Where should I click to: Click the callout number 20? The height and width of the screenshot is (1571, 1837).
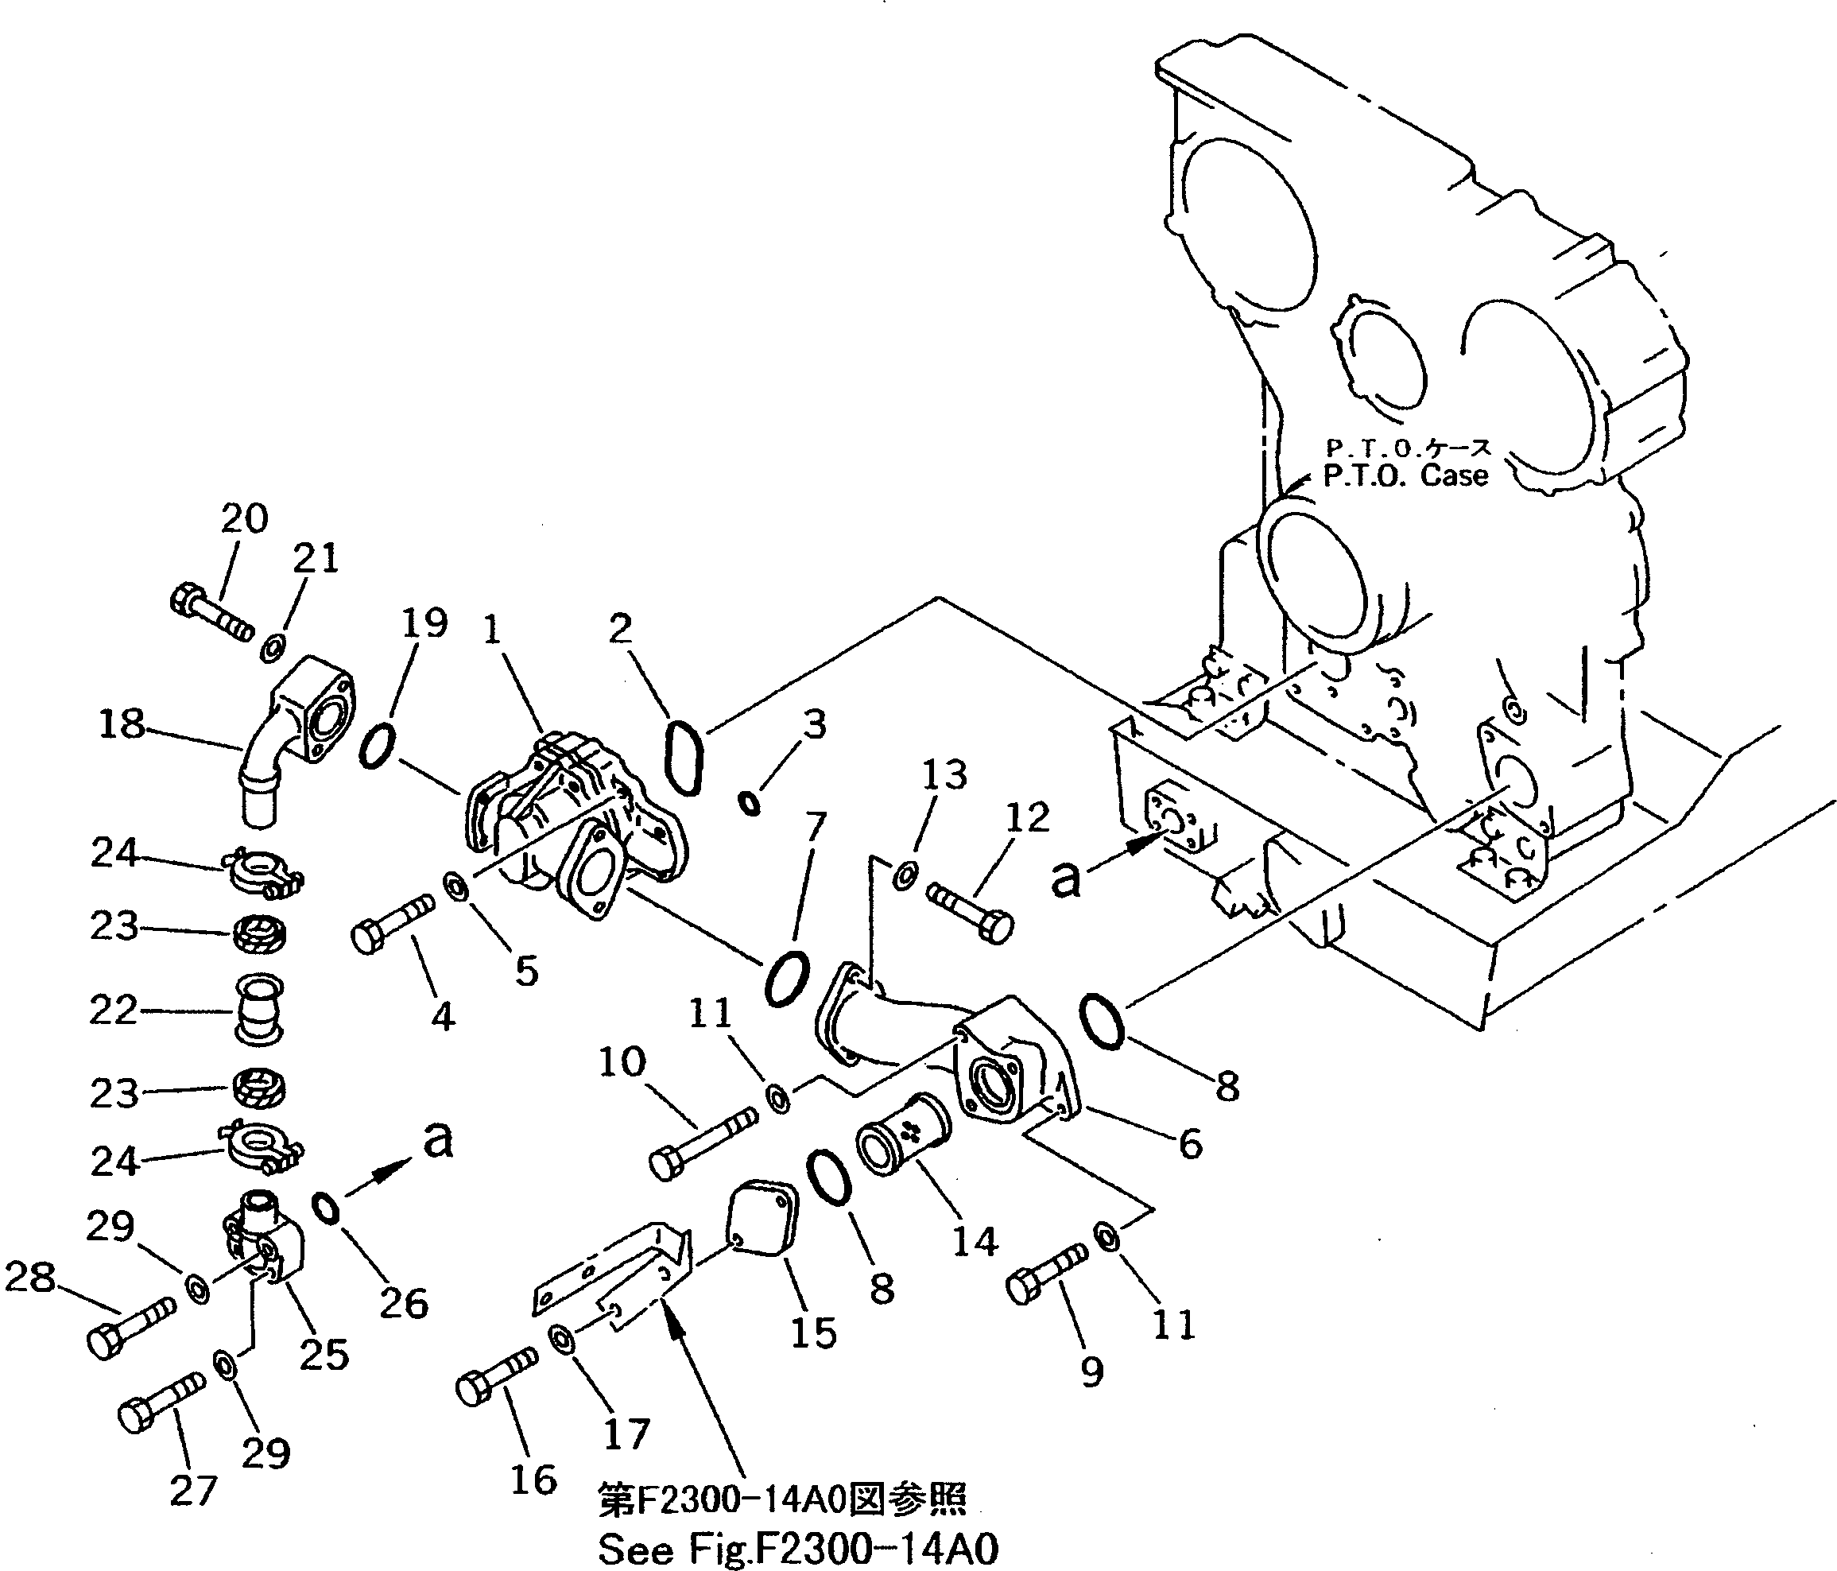(244, 518)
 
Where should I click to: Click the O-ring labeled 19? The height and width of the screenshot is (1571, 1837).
(377, 745)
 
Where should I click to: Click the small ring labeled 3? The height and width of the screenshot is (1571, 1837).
(750, 803)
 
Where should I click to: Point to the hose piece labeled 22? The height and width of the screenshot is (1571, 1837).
(258, 1010)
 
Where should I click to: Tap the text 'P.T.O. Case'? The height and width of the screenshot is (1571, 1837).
(1405, 476)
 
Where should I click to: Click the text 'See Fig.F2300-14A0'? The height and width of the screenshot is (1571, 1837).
(798, 1549)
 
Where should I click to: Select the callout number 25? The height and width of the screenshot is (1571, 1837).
(324, 1354)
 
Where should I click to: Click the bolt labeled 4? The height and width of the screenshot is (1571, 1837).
(392, 924)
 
